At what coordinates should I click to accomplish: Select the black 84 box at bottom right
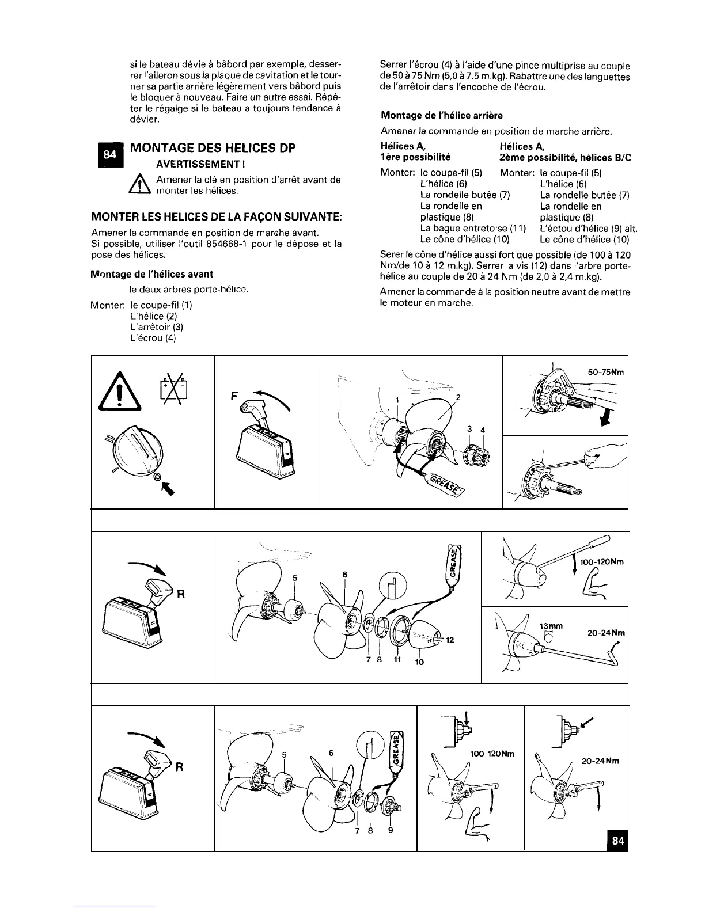point(617,840)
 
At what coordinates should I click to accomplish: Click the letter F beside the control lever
point(234,396)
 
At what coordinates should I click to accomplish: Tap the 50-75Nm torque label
point(605,372)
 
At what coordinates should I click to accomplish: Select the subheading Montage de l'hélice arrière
point(442,116)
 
